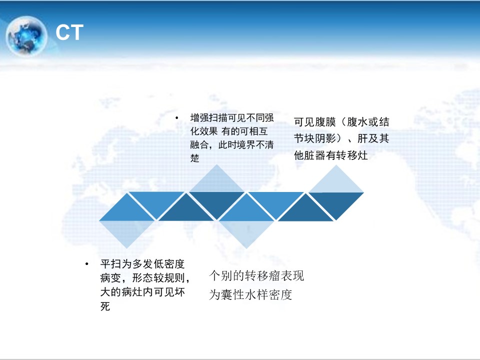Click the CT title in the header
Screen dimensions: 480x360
(x=69, y=32)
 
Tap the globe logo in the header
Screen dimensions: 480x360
(x=26, y=36)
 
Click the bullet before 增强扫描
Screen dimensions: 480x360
(x=176, y=117)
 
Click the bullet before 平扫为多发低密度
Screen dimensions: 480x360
(x=87, y=264)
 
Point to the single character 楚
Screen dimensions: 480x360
(x=194, y=158)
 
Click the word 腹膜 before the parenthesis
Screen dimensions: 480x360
(x=325, y=122)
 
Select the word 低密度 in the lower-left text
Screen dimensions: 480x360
(x=169, y=264)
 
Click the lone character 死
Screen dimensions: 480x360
(x=105, y=306)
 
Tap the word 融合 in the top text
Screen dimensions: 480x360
(x=199, y=144)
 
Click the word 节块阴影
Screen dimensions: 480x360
(x=315, y=138)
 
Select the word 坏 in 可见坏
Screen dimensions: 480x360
(x=179, y=292)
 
